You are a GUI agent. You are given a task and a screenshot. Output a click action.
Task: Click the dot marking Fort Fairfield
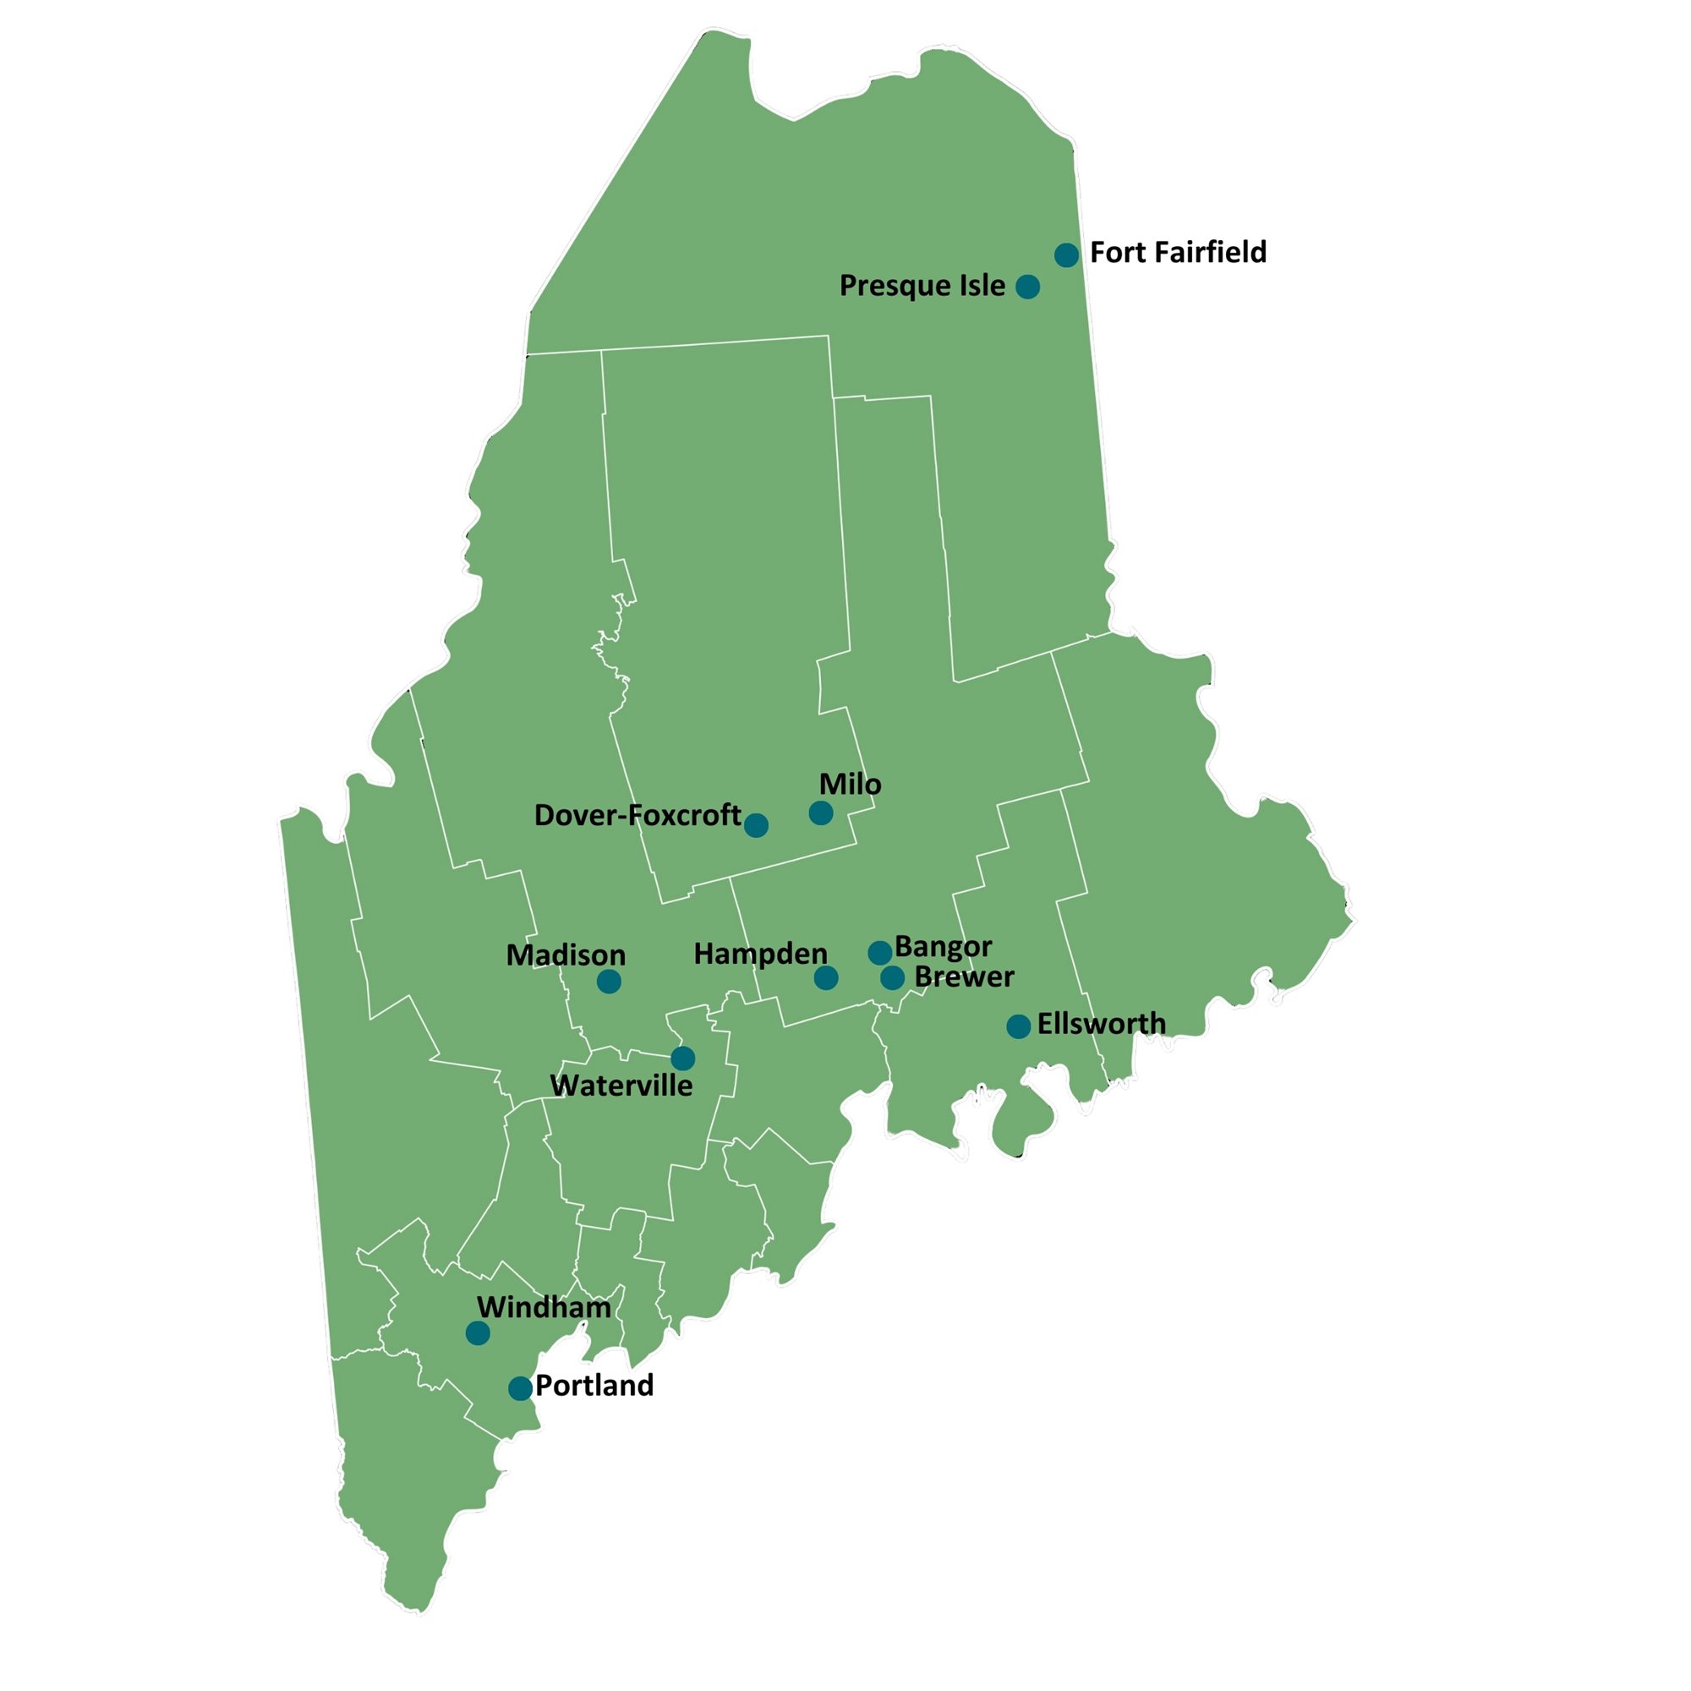(x=1066, y=254)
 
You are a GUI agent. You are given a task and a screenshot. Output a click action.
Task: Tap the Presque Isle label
(x=922, y=285)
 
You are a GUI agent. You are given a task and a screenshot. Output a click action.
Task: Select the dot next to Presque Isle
(x=1027, y=287)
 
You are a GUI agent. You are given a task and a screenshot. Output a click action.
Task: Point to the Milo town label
(x=850, y=785)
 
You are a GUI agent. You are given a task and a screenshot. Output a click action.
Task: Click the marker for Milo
(x=820, y=813)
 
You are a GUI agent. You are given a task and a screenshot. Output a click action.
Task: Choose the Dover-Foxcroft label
(x=638, y=816)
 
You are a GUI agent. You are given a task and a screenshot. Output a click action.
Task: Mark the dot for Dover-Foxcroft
(x=756, y=824)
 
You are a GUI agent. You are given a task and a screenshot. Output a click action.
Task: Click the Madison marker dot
(x=609, y=981)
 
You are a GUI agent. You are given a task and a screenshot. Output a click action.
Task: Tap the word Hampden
(x=760, y=954)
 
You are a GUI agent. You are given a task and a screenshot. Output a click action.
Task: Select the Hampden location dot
(x=825, y=977)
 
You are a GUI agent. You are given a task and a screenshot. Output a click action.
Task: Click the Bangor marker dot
(x=879, y=952)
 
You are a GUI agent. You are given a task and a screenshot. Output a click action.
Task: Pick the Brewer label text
(x=964, y=977)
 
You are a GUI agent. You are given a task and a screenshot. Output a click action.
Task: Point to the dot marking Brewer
(x=892, y=977)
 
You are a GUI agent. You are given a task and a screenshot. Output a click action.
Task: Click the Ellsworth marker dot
(x=1018, y=1026)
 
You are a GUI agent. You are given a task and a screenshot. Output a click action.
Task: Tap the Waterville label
(x=621, y=1086)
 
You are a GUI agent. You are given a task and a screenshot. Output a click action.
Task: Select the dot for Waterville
(x=682, y=1059)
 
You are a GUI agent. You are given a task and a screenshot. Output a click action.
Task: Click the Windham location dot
(x=477, y=1333)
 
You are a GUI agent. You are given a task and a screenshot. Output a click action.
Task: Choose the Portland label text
(x=594, y=1386)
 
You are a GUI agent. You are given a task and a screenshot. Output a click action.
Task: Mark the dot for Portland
(x=520, y=1388)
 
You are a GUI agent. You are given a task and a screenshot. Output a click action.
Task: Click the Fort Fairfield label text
(x=1178, y=253)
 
